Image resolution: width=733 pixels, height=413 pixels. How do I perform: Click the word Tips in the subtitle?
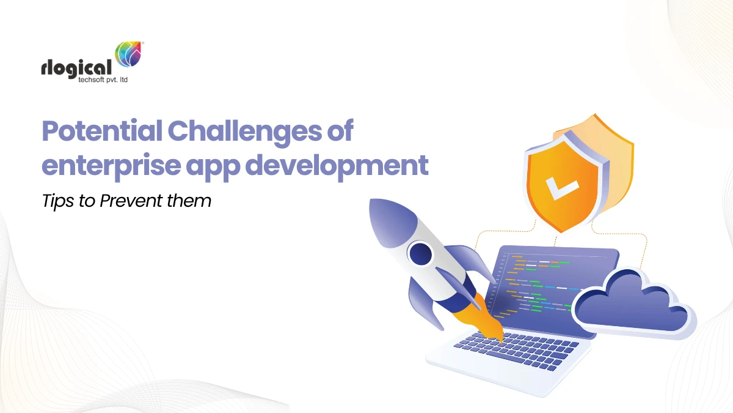(x=56, y=201)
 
